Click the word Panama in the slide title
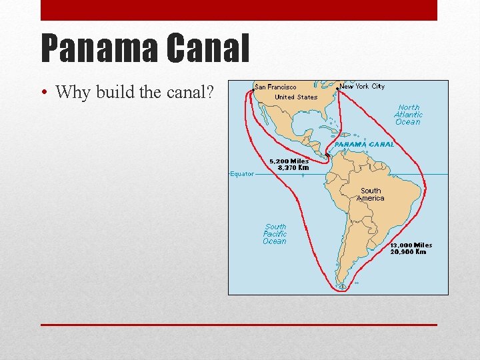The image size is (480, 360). tap(99, 49)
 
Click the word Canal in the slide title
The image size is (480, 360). tap(207, 49)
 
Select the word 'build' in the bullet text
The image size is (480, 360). tap(115, 92)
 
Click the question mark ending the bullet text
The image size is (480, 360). tap(209, 92)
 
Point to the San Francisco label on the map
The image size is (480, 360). tap(276, 87)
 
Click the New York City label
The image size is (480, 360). tap(362, 86)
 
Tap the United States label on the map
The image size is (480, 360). tap(296, 97)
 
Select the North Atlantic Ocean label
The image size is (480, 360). tap(408, 115)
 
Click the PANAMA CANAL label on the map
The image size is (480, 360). tap(364, 144)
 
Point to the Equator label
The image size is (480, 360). tap(242, 174)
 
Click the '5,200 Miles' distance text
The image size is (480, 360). tap(289, 161)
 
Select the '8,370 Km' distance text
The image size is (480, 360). tap(293, 168)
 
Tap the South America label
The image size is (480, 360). tap(371, 194)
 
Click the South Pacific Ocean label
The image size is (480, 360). tap(275, 234)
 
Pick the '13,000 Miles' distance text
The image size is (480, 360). tap(411, 245)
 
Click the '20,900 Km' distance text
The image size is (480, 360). tap(408, 252)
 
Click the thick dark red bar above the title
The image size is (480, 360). tap(239, 10)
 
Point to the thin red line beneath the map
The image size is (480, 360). tap(239, 325)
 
